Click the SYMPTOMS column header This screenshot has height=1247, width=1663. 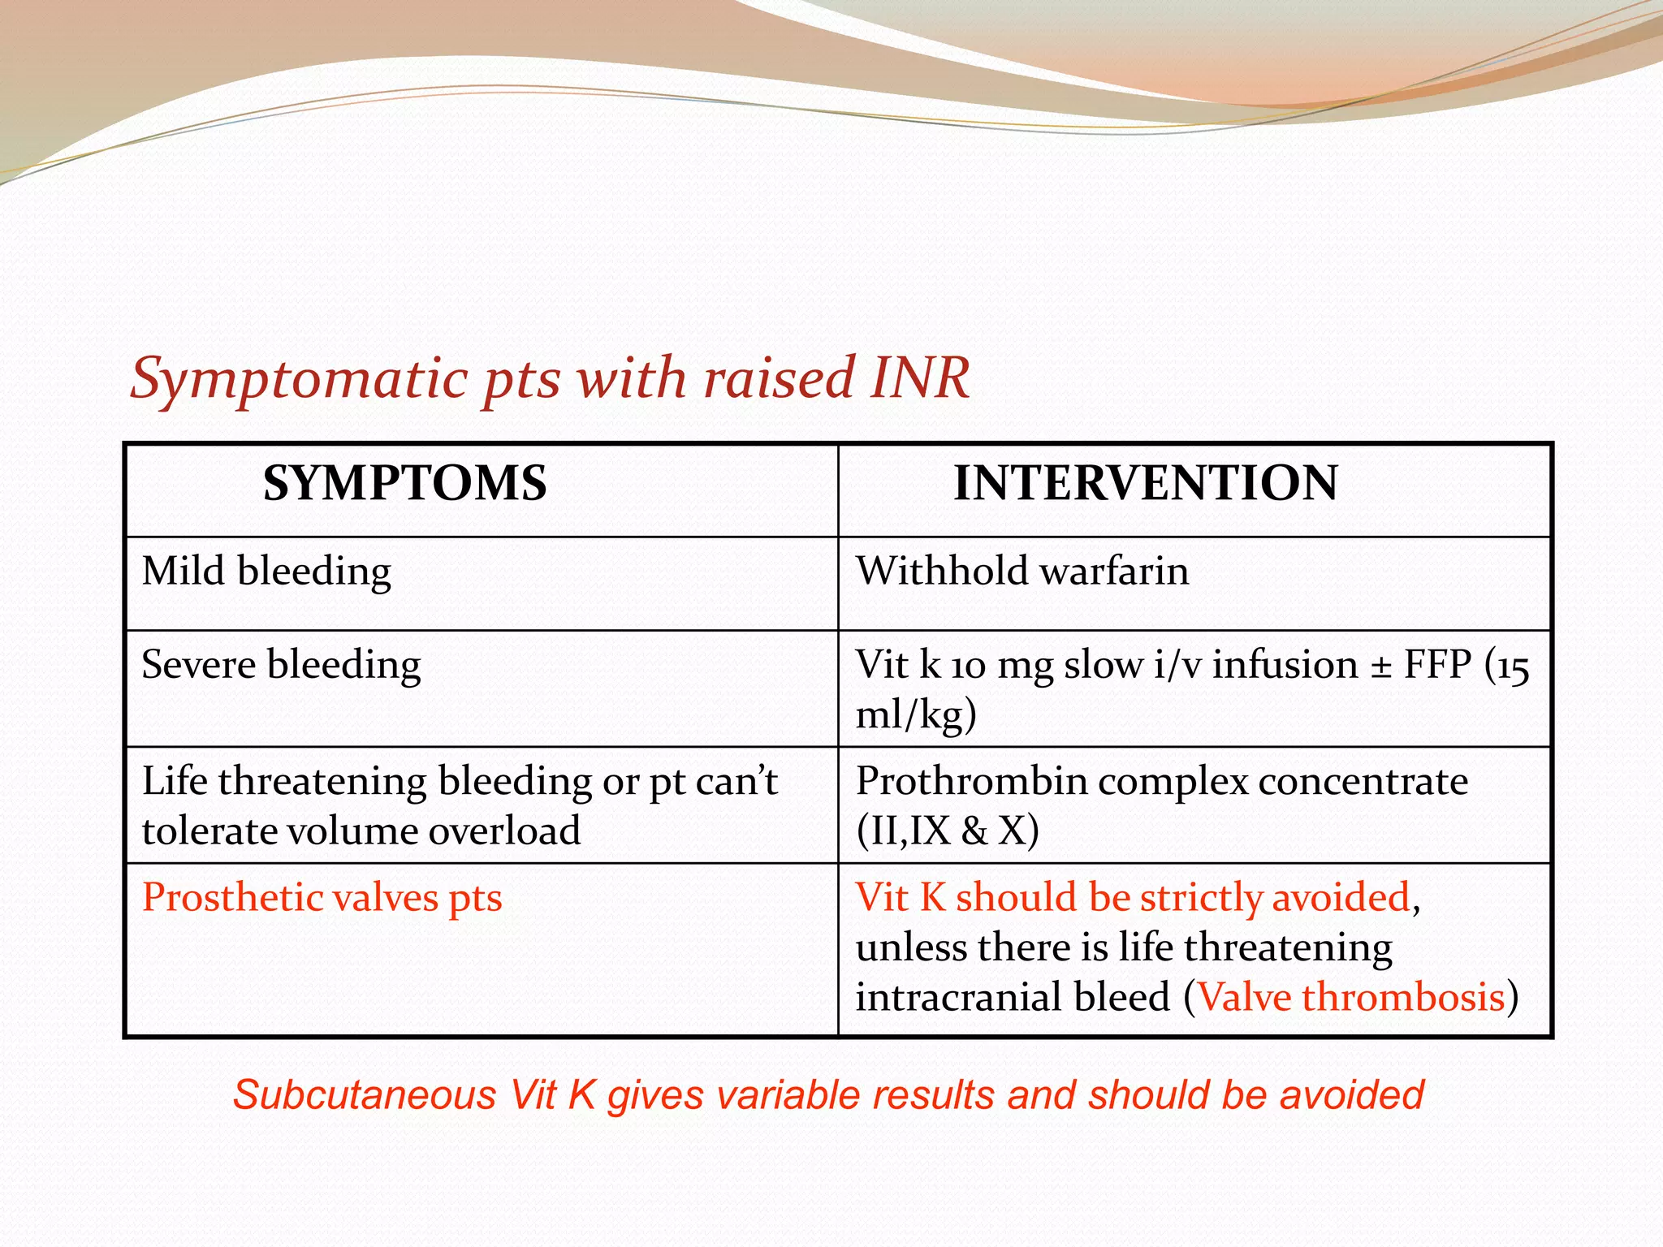pos(404,484)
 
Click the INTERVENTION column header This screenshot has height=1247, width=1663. pos(1145,484)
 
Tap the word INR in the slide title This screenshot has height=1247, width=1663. pos(919,378)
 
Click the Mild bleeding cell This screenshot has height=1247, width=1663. pos(266,572)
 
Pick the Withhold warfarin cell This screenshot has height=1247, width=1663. pos(1022,572)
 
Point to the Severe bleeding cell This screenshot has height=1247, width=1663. pos(281,666)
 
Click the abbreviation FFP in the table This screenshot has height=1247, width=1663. pos(1437,666)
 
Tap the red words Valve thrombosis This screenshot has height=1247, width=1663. pos(1351,998)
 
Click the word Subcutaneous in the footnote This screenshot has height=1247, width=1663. pos(364,1096)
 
